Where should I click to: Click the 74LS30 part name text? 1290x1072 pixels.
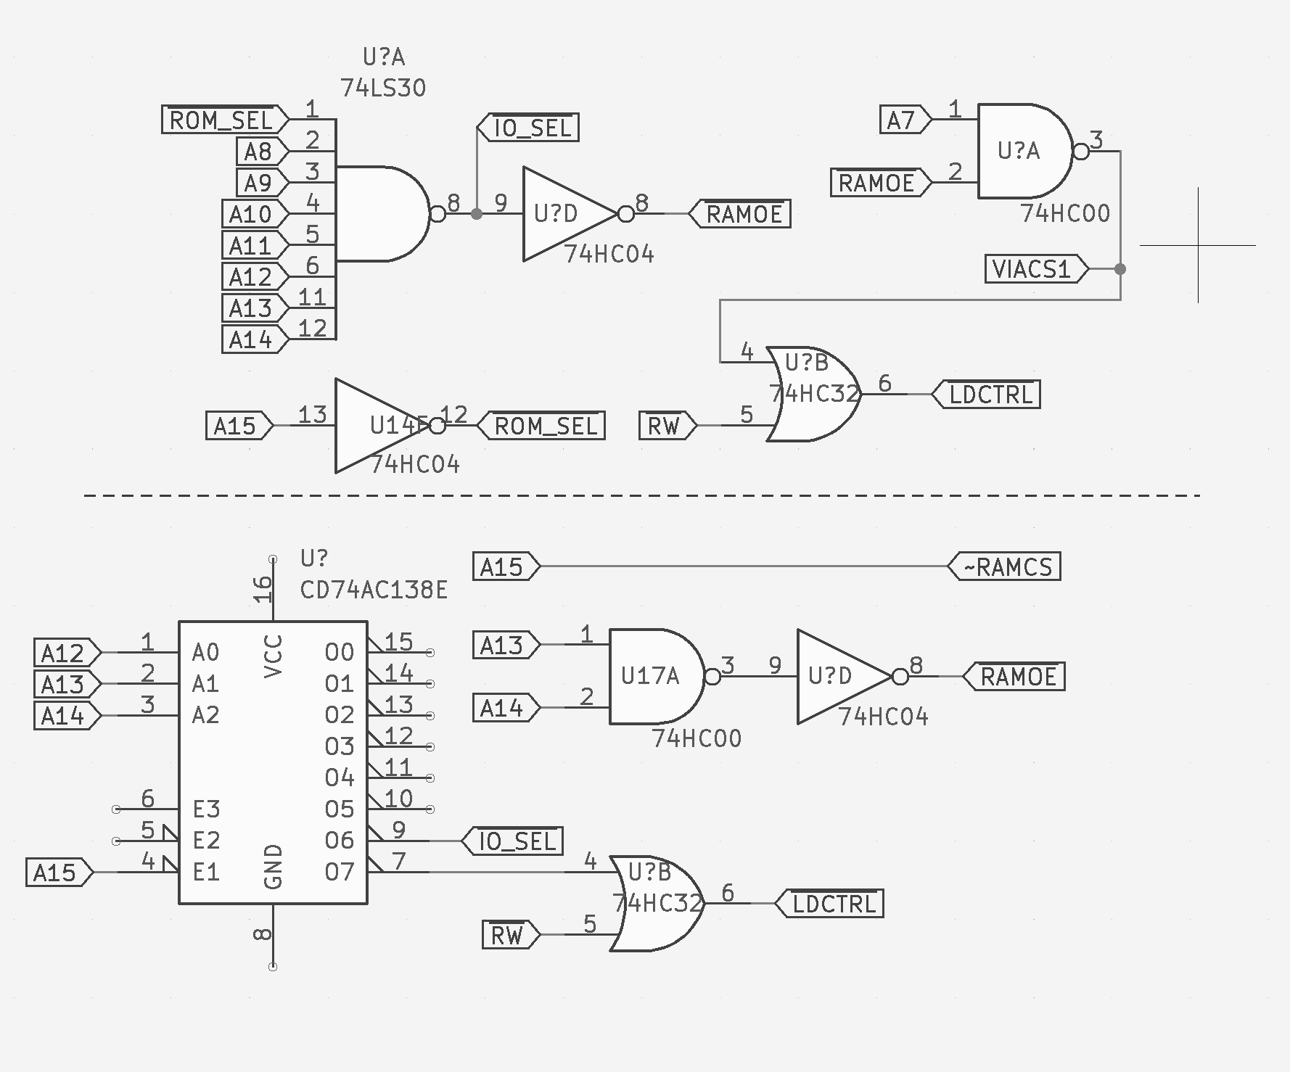(x=383, y=88)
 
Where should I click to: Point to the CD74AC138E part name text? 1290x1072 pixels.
(x=374, y=590)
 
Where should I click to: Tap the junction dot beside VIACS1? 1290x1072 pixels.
(x=1120, y=269)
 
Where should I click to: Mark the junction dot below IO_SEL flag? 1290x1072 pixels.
(x=477, y=214)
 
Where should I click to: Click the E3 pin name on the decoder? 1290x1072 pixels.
(x=206, y=809)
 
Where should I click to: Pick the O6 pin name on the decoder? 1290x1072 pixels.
(x=340, y=841)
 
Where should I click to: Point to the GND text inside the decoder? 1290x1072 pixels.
(x=273, y=867)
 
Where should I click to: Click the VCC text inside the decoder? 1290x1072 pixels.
(x=273, y=656)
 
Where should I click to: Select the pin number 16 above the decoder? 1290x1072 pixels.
(x=262, y=589)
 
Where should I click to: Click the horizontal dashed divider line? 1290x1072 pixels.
(x=642, y=495)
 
